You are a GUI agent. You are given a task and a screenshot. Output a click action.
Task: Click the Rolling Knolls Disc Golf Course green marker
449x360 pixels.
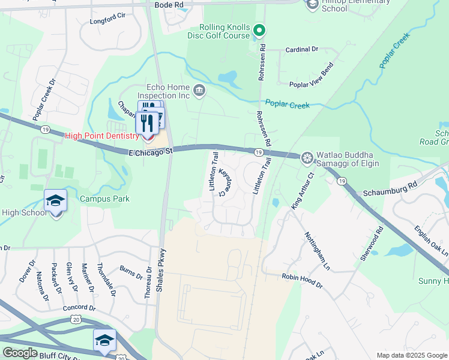(259, 29)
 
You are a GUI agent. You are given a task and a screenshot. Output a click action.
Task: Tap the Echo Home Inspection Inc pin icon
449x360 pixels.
(200, 92)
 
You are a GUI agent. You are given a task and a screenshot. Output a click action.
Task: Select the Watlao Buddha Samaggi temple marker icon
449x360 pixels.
(307, 158)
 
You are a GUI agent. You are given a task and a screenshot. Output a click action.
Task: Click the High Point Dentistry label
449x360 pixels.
(102, 136)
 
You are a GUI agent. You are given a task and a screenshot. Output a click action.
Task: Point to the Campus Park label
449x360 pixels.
(105, 199)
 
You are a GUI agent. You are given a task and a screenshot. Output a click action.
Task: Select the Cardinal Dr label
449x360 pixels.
(301, 49)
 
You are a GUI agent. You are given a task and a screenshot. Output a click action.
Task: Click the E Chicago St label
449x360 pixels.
(151, 152)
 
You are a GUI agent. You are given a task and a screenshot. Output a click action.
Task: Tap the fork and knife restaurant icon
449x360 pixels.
(147, 123)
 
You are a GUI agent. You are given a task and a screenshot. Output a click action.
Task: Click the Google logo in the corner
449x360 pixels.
(20, 352)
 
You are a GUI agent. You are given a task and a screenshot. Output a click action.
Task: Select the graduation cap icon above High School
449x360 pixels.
(55, 201)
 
